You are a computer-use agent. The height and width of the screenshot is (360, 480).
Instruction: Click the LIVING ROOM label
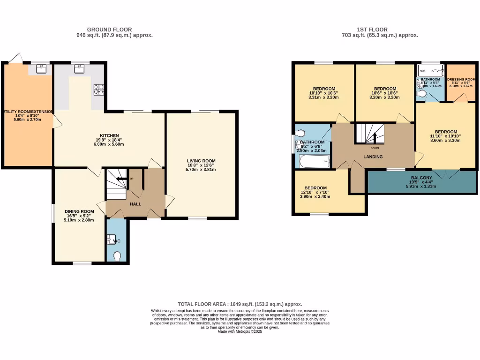[x=201, y=161]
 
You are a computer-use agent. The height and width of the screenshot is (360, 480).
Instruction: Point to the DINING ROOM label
[x=79, y=211]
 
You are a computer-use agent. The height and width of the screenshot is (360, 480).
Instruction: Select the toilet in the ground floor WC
[x=117, y=255]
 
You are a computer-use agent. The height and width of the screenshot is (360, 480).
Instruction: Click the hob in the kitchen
[x=99, y=89]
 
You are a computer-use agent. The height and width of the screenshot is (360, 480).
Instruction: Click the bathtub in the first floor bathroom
[x=315, y=162]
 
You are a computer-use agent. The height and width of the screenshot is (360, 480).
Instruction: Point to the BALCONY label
[x=418, y=178]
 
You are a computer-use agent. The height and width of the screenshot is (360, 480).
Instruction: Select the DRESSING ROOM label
[x=461, y=80]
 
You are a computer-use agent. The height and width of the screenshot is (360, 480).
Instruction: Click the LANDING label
[x=373, y=157]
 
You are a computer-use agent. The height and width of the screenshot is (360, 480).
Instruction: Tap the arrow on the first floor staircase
[x=375, y=137]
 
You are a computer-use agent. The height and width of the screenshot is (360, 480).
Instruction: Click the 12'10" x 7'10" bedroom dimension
[x=315, y=191]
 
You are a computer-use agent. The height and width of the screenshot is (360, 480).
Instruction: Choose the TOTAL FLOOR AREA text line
[x=240, y=304]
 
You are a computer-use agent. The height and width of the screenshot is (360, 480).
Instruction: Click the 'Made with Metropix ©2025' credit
[x=240, y=331]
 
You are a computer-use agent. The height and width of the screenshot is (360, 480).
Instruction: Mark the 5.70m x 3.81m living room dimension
[x=201, y=169]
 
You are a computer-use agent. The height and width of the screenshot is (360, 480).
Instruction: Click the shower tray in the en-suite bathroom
[x=430, y=71]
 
